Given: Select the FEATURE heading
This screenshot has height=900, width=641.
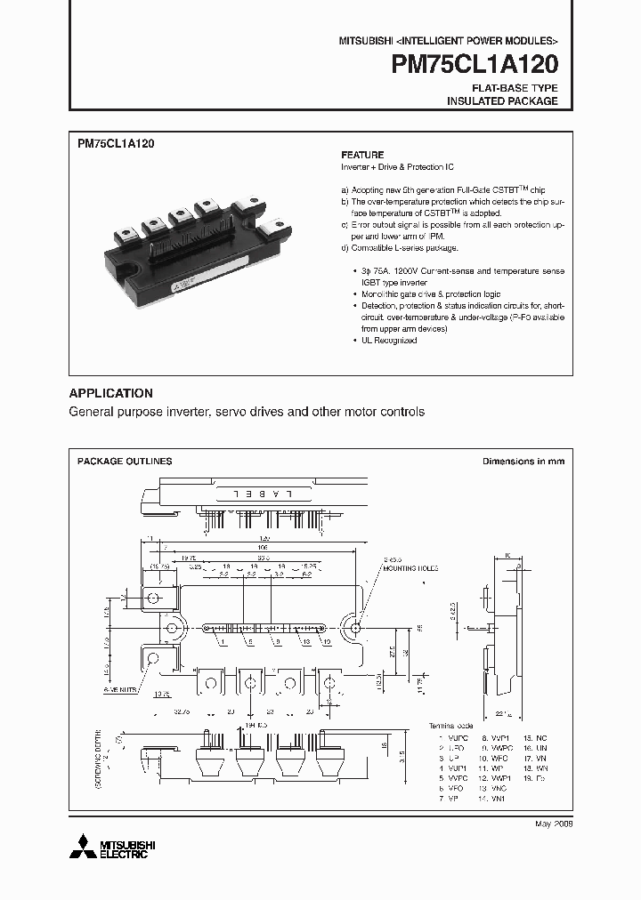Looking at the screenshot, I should tap(362, 154).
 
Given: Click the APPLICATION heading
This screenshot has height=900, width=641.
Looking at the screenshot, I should tap(111, 393).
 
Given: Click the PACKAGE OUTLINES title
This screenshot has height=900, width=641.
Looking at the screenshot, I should tap(125, 462).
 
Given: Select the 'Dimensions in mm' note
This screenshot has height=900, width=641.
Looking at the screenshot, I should tap(523, 462).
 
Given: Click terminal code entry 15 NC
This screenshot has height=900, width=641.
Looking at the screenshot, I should tap(535, 737).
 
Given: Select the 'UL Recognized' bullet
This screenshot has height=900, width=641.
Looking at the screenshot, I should tap(385, 341).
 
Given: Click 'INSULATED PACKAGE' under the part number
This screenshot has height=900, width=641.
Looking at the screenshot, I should tap(502, 101).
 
